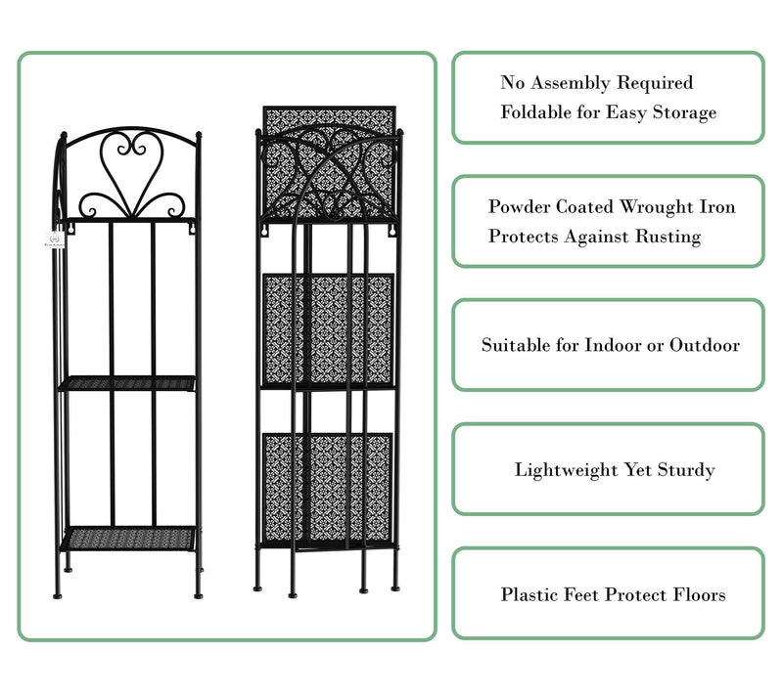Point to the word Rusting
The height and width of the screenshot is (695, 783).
click(668, 237)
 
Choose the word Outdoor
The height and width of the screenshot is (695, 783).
click(705, 345)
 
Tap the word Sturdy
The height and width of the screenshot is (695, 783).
click(686, 470)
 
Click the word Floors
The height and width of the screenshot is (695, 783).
click(699, 594)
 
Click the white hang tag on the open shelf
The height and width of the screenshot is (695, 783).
click(54, 239)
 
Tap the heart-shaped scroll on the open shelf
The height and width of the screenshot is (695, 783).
click(132, 169)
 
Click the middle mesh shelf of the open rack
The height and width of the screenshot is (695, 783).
click(128, 383)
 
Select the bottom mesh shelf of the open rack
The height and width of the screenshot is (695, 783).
click(129, 539)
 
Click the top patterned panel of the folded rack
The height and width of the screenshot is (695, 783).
click(330, 162)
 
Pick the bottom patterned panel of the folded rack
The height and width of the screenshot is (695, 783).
click(328, 488)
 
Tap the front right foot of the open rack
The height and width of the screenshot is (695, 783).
click(199, 594)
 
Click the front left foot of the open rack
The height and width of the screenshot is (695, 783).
click(58, 594)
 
